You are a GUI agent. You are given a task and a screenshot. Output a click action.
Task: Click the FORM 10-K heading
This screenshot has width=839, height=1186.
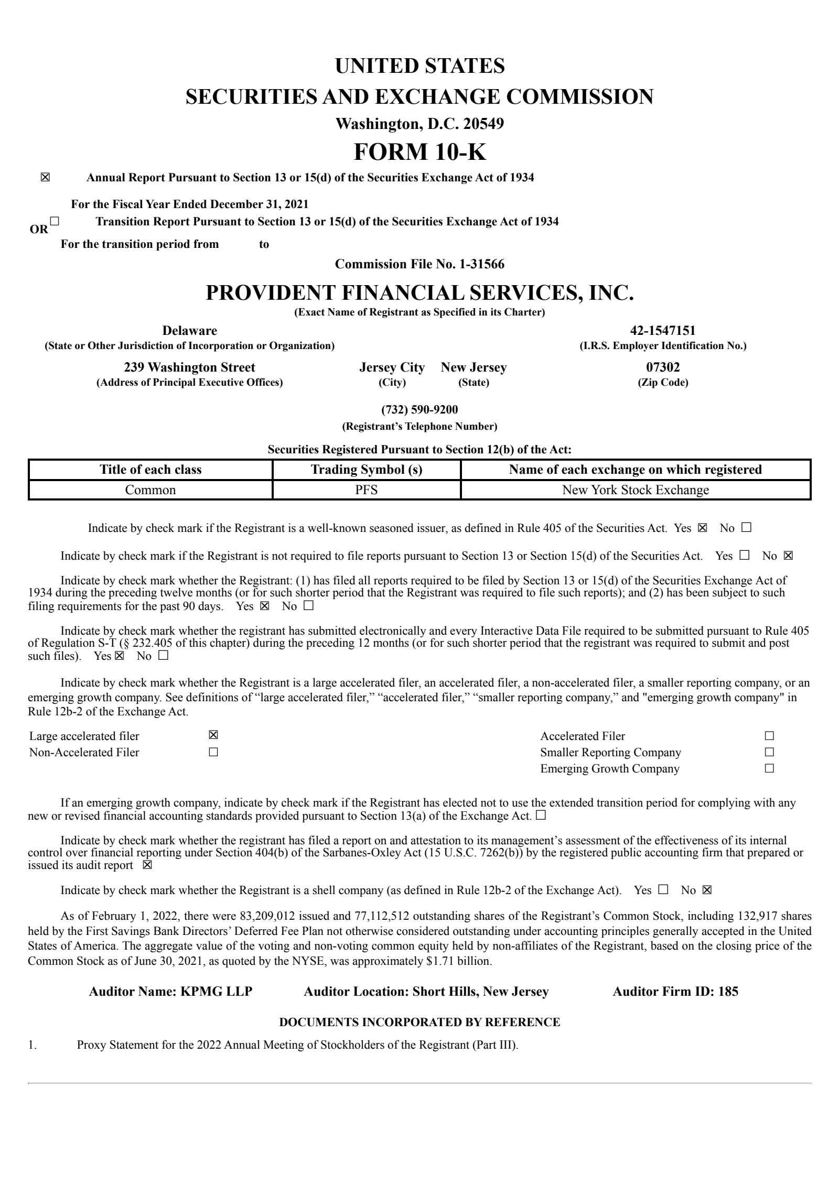click(x=419, y=152)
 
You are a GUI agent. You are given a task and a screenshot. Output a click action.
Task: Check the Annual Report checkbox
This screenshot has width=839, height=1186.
click(x=45, y=178)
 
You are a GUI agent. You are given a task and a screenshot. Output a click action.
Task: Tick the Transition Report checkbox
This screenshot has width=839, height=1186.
click(x=55, y=221)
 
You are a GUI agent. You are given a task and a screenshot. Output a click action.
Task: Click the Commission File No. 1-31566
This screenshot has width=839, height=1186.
click(x=419, y=264)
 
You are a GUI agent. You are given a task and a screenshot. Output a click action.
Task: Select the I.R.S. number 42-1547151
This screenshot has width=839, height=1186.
click(x=663, y=331)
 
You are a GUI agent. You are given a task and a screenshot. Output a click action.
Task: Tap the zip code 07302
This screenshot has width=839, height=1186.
click(x=663, y=367)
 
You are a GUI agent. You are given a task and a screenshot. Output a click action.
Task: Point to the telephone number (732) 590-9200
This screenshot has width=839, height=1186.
click(x=419, y=409)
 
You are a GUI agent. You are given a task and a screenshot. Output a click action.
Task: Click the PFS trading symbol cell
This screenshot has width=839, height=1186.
click(x=367, y=490)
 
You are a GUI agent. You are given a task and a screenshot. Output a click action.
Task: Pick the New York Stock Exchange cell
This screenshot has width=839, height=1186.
click(x=635, y=490)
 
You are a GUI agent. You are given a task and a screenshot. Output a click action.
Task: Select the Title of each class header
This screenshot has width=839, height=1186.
click(x=150, y=470)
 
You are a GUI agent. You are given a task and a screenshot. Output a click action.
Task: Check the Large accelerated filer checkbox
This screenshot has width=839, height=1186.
click(x=213, y=735)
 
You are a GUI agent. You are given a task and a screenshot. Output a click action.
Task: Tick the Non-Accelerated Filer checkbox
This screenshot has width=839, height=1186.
click(x=213, y=752)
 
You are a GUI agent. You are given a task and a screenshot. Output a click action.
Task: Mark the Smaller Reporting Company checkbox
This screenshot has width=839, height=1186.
click(x=769, y=752)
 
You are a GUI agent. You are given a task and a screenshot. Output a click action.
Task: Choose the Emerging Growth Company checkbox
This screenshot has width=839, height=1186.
click(x=769, y=768)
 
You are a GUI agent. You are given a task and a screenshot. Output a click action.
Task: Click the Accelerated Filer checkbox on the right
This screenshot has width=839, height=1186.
click(x=769, y=736)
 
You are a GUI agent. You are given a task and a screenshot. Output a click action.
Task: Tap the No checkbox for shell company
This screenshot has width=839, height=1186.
click(x=707, y=890)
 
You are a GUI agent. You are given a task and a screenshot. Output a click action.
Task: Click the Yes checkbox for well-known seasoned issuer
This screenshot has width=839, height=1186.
click(x=702, y=528)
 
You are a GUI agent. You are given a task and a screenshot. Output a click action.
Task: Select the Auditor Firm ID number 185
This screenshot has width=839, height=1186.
click(x=728, y=992)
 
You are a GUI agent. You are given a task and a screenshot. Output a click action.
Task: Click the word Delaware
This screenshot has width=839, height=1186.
click(x=189, y=331)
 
